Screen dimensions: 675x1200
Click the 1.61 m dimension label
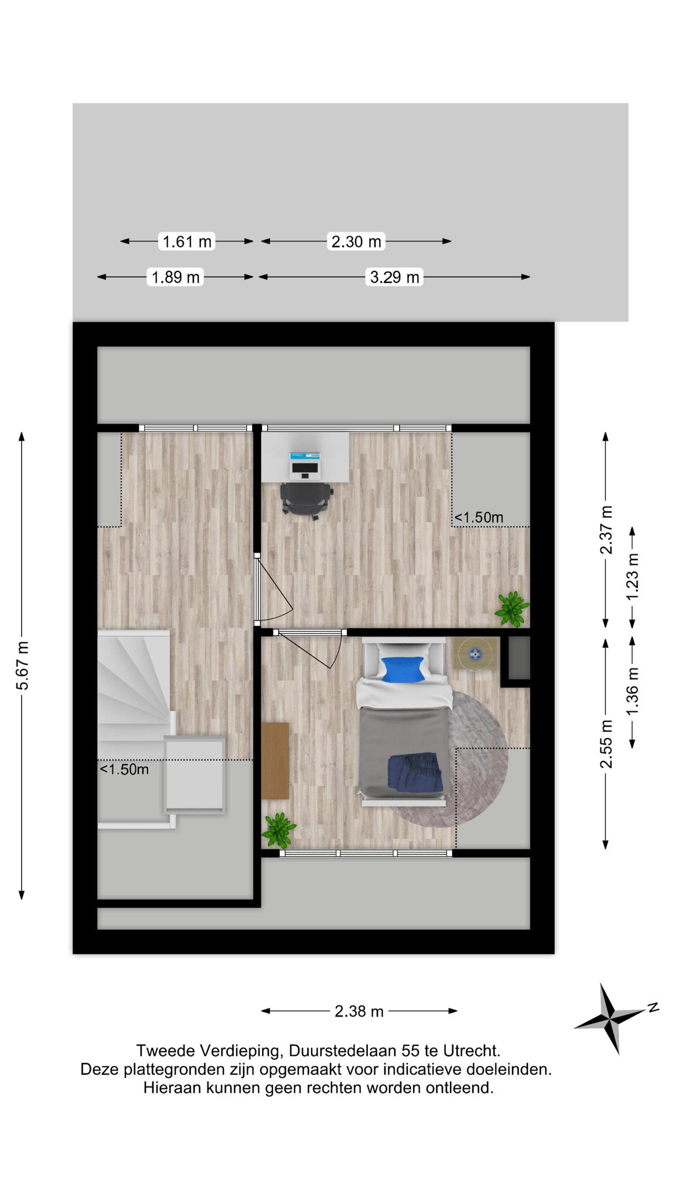tap(187, 241)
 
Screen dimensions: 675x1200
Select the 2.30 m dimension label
tap(356, 241)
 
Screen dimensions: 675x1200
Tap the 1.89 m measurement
tap(176, 277)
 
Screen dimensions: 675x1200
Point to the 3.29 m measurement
tap(395, 277)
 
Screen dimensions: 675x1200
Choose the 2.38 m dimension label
tap(359, 1011)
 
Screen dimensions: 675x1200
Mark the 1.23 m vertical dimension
tap(632, 577)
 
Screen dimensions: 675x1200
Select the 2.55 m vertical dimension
tap(606, 744)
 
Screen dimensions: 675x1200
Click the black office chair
tap(306, 500)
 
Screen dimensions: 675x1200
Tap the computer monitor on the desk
tap(306, 467)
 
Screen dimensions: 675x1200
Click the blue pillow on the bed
tap(403, 669)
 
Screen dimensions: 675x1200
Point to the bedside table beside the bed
tap(475, 653)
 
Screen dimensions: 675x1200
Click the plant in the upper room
tap(512, 609)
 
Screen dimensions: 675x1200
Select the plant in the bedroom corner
tap(279, 830)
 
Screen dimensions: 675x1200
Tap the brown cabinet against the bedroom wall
tap(275, 761)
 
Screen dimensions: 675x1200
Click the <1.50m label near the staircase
tap(124, 769)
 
